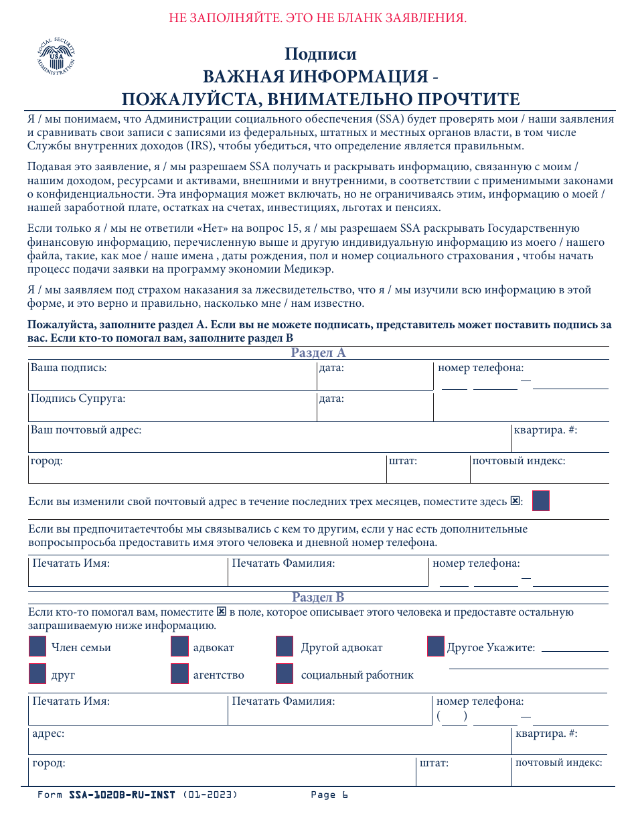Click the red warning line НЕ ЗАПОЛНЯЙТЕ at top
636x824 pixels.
pyautogui.click(x=317, y=18)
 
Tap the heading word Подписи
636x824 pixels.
pyautogui.click(x=320, y=54)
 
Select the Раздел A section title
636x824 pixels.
pyautogui.click(x=318, y=353)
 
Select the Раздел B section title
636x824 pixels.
pyautogui.click(x=318, y=598)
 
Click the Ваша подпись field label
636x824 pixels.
pyautogui.click(x=69, y=368)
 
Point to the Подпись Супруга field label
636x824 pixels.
pyautogui.click(x=78, y=399)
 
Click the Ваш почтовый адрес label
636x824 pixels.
pyautogui.click(x=86, y=430)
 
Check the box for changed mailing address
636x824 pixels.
pyautogui.click(x=540, y=501)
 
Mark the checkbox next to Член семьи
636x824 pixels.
pyautogui.click(x=38, y=646)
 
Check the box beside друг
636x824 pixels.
pyautogui.click(x=38, y=674)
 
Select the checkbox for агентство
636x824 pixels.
pyautogui.click(x=179, y=674)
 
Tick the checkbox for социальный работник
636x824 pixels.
pyautogui.click(x=285, y=674)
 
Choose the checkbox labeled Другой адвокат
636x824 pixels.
pyautogui.click(x=285, y=646)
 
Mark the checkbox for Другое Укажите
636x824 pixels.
pyautogui.click(x=436, y=646)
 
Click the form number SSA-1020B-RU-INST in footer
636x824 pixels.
pyautogui.click(x=122, y=795)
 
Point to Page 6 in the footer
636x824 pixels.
pyautogui.click(x=329, y=795)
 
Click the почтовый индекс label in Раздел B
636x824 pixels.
pyautogui.click(x=558, y=763)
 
